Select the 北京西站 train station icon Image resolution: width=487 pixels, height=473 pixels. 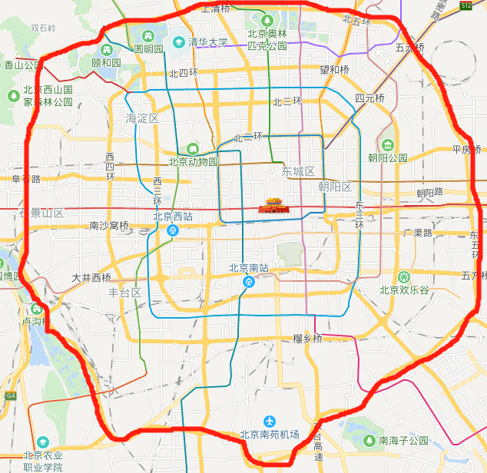174,229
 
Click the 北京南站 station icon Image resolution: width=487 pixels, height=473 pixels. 248,282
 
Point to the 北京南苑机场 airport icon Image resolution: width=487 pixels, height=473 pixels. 269,421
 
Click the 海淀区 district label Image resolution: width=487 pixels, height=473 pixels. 142,118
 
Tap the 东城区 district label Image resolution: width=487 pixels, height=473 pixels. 299,171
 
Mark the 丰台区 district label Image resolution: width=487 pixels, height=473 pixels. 124,293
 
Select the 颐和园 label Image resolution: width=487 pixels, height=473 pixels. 106,62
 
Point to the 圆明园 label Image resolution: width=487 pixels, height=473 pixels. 149,48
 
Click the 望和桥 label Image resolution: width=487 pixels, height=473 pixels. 334,70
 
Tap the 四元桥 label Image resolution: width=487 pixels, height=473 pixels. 369,98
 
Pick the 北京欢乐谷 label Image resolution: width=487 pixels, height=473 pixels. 404,289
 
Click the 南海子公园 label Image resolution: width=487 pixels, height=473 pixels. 404,441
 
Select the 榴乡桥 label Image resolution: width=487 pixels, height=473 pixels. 307,339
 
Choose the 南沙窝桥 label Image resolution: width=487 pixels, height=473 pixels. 109,226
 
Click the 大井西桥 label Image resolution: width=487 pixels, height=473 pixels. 91,277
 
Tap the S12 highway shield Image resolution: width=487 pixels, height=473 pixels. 466,5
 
